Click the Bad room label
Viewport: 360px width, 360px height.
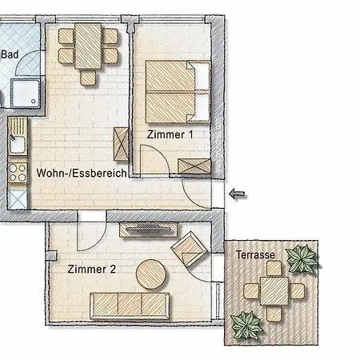click(10, 54)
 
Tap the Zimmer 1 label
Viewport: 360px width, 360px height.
click(170, 135)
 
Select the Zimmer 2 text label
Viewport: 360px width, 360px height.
click(92, 270)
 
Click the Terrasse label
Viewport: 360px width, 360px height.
click(255, 255)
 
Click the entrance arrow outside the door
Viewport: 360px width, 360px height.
click(237, 193)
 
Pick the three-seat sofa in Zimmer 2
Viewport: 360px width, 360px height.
click(129, 305)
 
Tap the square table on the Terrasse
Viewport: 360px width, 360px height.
click(273, 290)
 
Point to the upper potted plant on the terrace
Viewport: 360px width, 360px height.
click(302, 258)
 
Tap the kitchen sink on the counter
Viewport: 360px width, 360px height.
click(17, 145)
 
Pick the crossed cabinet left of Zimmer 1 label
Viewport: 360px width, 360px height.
click(122, 145)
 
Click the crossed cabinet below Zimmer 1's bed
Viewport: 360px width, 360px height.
click(194, 166)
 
